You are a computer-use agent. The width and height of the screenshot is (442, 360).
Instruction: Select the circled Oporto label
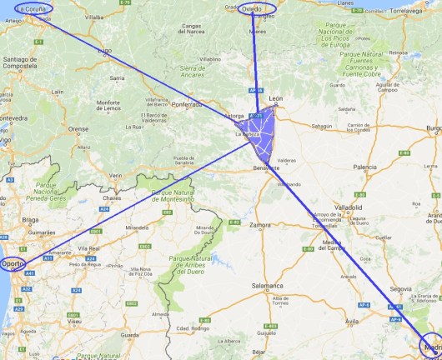point(13,264)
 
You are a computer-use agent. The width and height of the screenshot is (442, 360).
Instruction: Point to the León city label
point(265,98)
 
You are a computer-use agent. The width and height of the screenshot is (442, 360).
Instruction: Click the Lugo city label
point(105,51)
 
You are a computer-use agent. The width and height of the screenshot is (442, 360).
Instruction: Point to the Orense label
point(78,129)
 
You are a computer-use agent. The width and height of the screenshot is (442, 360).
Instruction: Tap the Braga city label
point(31,222)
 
